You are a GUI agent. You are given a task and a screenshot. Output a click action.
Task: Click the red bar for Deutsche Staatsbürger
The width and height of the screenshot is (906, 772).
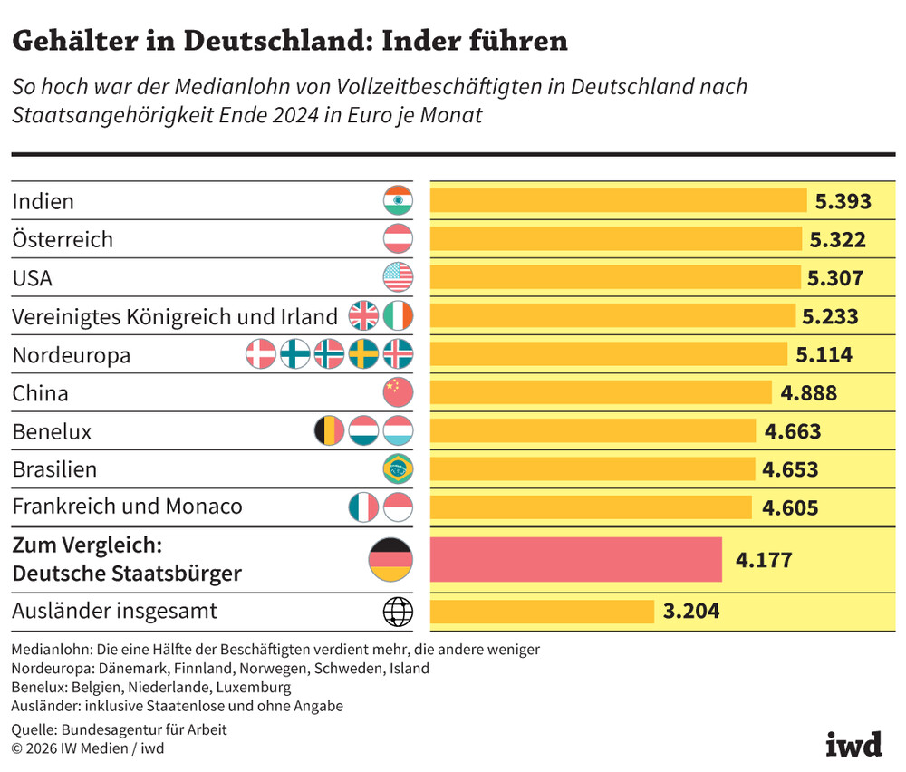(x=575, y=559)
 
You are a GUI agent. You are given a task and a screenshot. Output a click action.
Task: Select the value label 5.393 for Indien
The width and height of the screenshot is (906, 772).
(x=843, y=201)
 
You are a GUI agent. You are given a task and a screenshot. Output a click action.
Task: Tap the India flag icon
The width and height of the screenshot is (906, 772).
(x=398, y=200)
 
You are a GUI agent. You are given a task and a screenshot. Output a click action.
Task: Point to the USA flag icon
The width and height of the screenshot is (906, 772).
(x=398, y=277)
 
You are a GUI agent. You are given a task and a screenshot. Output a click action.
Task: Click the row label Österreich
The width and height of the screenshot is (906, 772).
(x=63, y=239)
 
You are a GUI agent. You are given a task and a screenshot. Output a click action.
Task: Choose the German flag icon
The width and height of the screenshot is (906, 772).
(x=390, y=559)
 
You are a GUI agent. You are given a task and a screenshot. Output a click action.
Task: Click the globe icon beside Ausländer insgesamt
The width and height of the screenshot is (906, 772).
(x=398, y=612)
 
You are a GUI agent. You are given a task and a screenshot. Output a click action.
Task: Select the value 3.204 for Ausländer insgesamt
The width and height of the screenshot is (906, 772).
(x=691, y=612)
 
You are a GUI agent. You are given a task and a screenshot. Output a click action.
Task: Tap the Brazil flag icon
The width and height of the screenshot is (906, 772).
(x=398, y=469)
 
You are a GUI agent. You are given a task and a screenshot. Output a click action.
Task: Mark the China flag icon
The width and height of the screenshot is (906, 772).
(x=398, y=392)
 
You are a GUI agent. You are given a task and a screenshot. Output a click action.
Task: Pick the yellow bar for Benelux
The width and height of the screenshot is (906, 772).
(x=593, y=430)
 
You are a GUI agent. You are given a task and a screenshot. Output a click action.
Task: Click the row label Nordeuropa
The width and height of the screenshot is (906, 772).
(x=71, y=355)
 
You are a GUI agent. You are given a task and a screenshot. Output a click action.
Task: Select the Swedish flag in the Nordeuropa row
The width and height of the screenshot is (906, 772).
(x=363, y=354)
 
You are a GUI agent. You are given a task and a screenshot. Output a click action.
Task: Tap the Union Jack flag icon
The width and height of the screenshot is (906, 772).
(x=363, y=315)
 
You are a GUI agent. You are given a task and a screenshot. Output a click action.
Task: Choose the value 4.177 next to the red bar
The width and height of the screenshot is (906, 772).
(x=764, y=560)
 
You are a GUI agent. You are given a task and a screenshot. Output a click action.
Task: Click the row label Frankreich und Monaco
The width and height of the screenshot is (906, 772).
(x=127, y=507)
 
